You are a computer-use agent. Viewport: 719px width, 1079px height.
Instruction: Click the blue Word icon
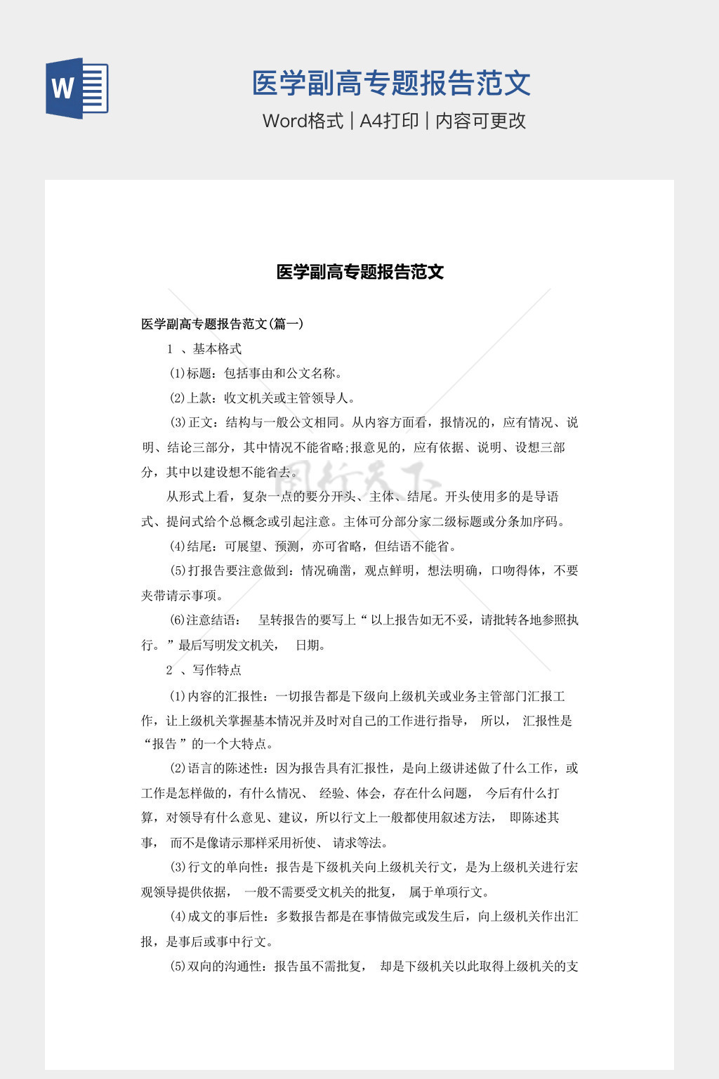click(x=77, y=88)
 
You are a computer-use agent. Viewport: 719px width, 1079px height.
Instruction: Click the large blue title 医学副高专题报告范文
click(x=391, y=83)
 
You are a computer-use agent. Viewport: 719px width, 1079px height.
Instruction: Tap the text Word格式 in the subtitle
click(x=303, y=121)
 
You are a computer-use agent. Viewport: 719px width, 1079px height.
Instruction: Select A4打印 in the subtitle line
click(x=389, y=121)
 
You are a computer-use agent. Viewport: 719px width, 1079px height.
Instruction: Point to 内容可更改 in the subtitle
click(x=481, y=121)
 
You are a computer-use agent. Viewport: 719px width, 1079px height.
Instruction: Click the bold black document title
click(x=359, y=272)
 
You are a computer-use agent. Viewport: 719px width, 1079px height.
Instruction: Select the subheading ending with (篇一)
click(x=222, y=324)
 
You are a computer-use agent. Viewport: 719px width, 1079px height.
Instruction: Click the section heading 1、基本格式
click(x=204, y=349)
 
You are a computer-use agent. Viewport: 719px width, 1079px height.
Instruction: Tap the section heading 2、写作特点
click(x=204, y=669)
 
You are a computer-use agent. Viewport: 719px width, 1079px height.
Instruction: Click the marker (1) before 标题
click(x=177, y=373)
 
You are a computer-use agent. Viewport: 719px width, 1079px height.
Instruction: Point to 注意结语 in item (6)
click(x=212, y=620)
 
